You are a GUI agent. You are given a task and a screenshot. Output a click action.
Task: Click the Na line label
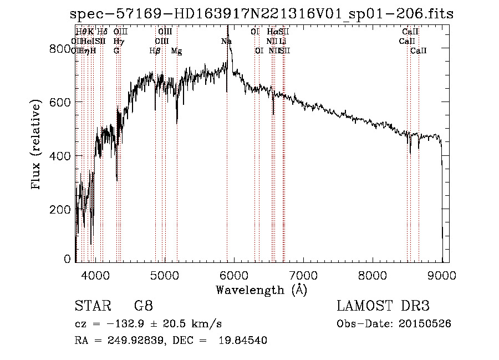point(226,41)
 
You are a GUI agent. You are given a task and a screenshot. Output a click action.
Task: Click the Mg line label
point(176,50)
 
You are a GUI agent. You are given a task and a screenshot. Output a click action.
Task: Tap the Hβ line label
point(155,50)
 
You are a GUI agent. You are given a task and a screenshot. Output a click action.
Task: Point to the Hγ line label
point(118,41)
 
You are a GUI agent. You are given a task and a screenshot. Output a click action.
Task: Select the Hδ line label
point(102,32)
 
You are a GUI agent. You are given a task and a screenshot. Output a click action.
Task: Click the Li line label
point(283,41)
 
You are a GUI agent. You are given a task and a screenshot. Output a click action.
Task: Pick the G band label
point(116,50)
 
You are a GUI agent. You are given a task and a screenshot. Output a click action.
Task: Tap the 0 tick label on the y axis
point(68,258)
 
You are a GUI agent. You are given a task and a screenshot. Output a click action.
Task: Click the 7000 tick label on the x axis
point(303,275)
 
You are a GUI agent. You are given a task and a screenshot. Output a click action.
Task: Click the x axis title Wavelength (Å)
point(261,290)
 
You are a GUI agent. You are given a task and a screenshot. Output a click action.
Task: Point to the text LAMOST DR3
point(383,306)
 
